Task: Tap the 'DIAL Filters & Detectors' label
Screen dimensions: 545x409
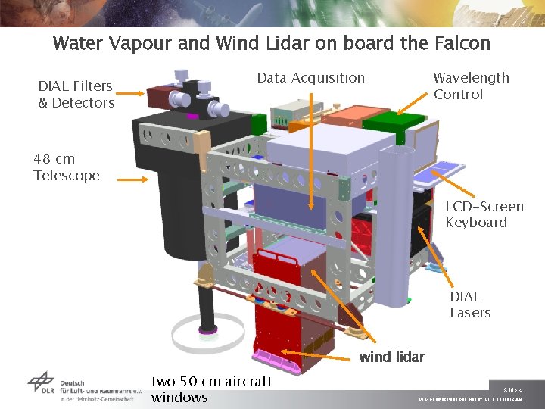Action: click(76, 95)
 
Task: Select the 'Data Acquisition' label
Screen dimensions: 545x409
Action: click(310, 78)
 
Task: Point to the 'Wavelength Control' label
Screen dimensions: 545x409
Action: click(471, 86)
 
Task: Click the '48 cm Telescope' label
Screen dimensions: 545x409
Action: click(66, 167)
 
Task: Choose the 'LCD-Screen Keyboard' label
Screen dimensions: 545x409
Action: click(484, 214)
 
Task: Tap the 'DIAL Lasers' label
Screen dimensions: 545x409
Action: click(470, 304)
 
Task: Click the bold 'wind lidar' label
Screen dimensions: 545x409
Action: click(391, 357)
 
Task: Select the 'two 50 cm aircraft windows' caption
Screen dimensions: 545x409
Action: click(211, 389)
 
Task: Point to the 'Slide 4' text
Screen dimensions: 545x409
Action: click(512, 389)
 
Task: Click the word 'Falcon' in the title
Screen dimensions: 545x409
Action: click(462, 43)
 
